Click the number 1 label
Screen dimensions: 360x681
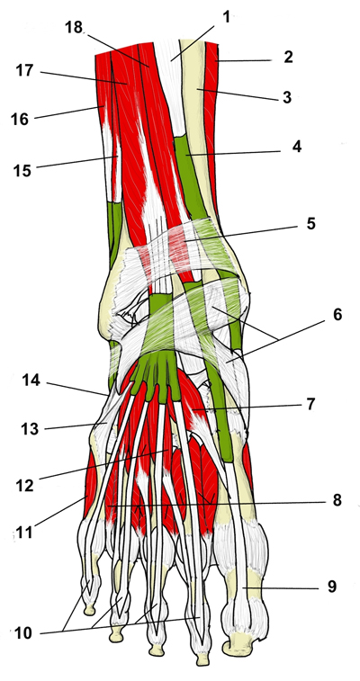226,17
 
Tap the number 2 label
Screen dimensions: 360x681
288,57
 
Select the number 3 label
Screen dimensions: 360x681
286,97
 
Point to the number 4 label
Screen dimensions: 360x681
297,147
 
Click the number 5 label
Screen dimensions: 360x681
310,225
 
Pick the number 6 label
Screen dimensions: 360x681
337,315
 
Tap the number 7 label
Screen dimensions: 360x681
310,404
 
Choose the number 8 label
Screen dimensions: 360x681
337,500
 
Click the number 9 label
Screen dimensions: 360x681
331,587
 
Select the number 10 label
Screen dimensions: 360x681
23,633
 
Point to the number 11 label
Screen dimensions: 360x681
25,532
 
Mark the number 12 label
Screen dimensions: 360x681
25,486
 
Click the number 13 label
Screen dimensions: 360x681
31,429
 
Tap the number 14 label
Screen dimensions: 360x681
31,381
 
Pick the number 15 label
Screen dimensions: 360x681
22,171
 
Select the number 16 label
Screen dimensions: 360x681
20,119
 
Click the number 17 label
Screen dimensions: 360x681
25,70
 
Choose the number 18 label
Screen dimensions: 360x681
74,27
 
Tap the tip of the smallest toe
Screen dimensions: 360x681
89,614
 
